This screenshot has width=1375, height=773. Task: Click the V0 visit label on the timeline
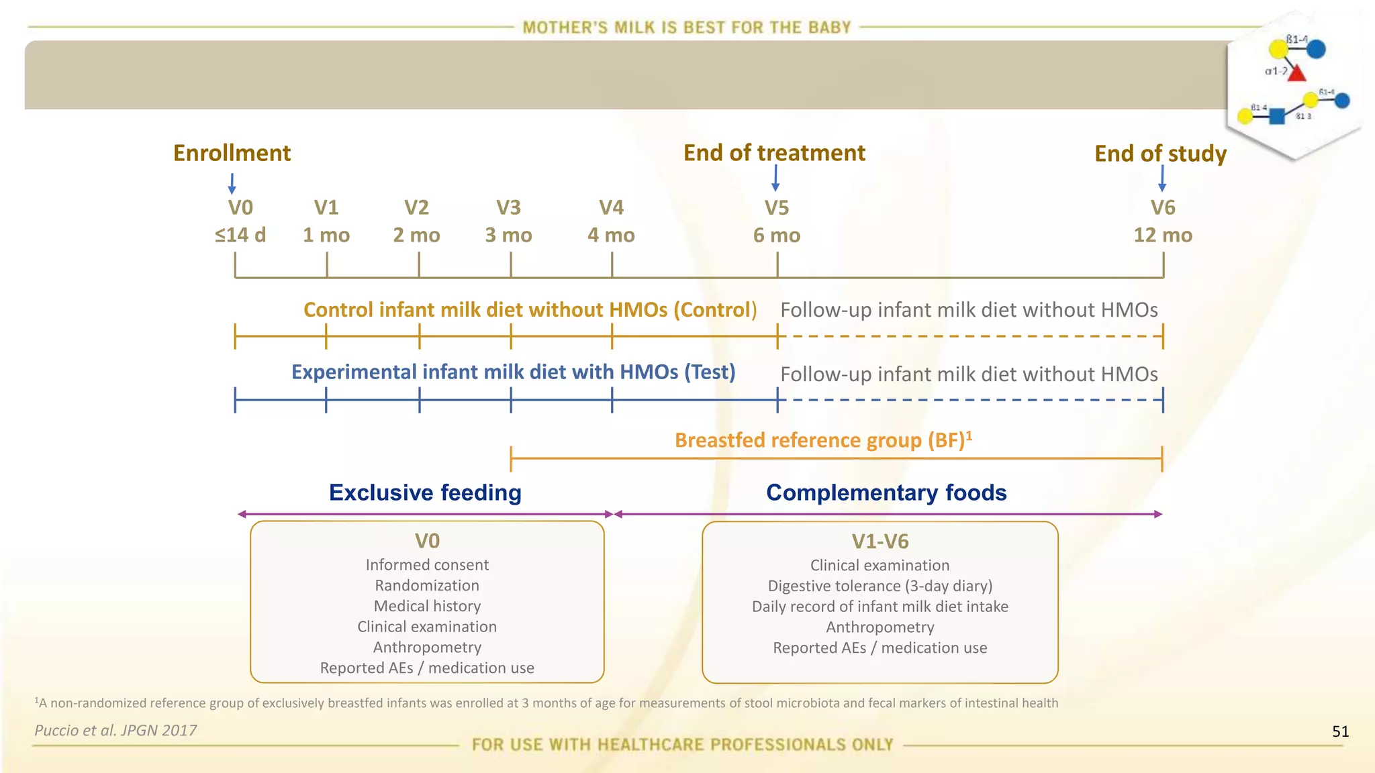240,207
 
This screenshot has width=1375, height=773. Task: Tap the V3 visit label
508,207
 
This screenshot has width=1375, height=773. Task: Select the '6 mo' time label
777,236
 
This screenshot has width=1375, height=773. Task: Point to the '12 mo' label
1163,236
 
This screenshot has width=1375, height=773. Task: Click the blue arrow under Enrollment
232,183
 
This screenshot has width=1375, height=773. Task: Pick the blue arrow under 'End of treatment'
775,178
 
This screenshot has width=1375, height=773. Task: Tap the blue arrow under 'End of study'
1162,178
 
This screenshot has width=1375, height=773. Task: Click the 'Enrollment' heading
232,153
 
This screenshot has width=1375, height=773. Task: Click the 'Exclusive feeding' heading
425,493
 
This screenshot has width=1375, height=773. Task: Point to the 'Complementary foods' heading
886,493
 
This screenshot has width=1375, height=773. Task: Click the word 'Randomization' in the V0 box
427,585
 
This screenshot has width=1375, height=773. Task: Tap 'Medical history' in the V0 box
427,606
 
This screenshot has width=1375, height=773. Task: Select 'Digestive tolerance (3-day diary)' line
880,586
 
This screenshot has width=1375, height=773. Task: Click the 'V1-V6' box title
880,542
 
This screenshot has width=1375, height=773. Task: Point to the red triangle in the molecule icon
1296,73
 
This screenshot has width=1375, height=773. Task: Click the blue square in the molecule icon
1277,116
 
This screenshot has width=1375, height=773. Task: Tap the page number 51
1340,731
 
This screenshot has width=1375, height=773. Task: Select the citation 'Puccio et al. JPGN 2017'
116,730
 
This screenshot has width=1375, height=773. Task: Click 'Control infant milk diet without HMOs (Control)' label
530,310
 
